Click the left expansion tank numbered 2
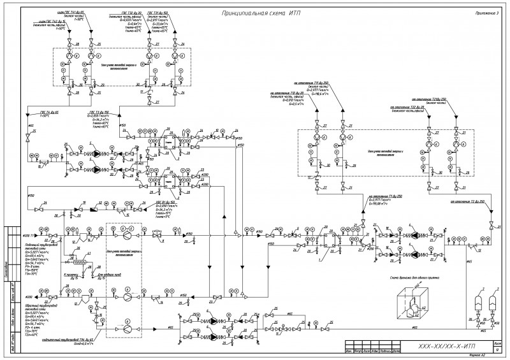[x=476, y=301]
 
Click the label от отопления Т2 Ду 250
[x=469, y=202]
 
